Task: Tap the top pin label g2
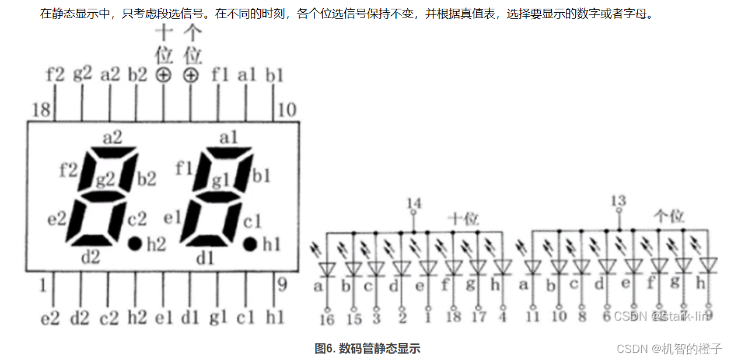(x=82, y=74)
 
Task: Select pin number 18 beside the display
(x=40, y=109)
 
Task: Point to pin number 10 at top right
(x=287, y=109)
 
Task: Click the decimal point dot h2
(x=135, y=243)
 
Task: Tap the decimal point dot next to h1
(x=250, y=243)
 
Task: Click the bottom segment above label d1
(x=211, y=240)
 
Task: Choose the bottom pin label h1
(x=275, y=318)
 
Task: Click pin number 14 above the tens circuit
(x=414, y=203)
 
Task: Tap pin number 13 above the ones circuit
(x=618, y=201)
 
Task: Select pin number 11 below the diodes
(x=531, y=316)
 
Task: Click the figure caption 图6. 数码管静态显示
(x=367, y=348)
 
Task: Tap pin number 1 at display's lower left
(x=41, y=286)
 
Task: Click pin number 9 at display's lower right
(x=282, y=285)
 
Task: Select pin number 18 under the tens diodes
(x=453, y=317)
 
